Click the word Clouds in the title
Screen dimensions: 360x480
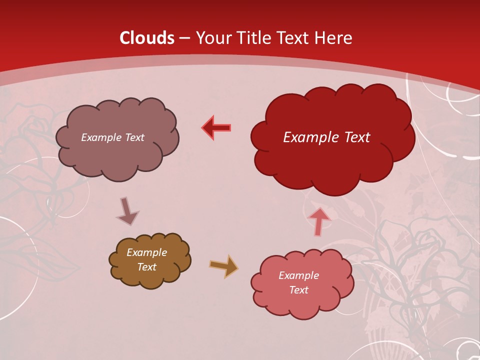point(147,38)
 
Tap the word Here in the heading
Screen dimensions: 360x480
point(335,38)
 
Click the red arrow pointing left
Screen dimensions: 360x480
point(217,128)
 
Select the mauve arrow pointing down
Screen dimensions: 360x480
point(127,211)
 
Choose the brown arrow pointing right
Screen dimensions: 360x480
point(223,266)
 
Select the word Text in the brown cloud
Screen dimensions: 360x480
point(147,267)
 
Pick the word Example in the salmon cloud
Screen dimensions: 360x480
point(298,275)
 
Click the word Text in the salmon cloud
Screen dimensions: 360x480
point(298,290)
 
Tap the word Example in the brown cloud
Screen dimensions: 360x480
point(147,252)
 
